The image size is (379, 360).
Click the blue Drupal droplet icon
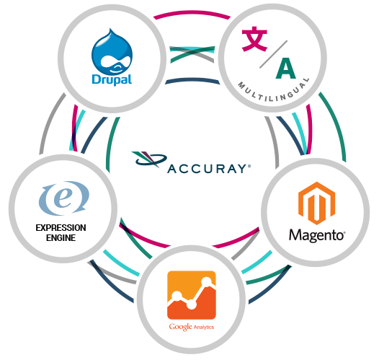click(x=112, y=52)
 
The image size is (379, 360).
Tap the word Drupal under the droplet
click(x=112, y=79)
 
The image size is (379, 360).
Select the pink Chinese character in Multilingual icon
click(x=254, y=39)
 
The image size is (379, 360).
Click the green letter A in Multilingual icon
click(x=286, y=69)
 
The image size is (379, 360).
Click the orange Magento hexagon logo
click(x=316, y=203)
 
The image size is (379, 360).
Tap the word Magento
click(x=317, y=235)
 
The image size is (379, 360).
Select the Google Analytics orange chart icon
click(x=192, y=295)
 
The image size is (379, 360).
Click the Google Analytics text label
click(x=192, y=327)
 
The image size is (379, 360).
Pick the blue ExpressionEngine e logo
click(x=64, y=198)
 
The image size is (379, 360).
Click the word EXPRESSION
click(x=61, y=228)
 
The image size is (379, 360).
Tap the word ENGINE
click(x=61, y=238)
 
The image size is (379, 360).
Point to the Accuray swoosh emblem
click(x=149, y=159)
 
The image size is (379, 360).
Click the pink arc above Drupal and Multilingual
click(x=192, y=12)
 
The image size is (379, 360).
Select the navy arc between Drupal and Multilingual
click(x=192, y=79)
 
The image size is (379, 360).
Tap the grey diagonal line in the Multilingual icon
click(x=273, y=54)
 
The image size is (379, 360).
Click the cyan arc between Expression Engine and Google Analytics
click(x=121, y=263)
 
